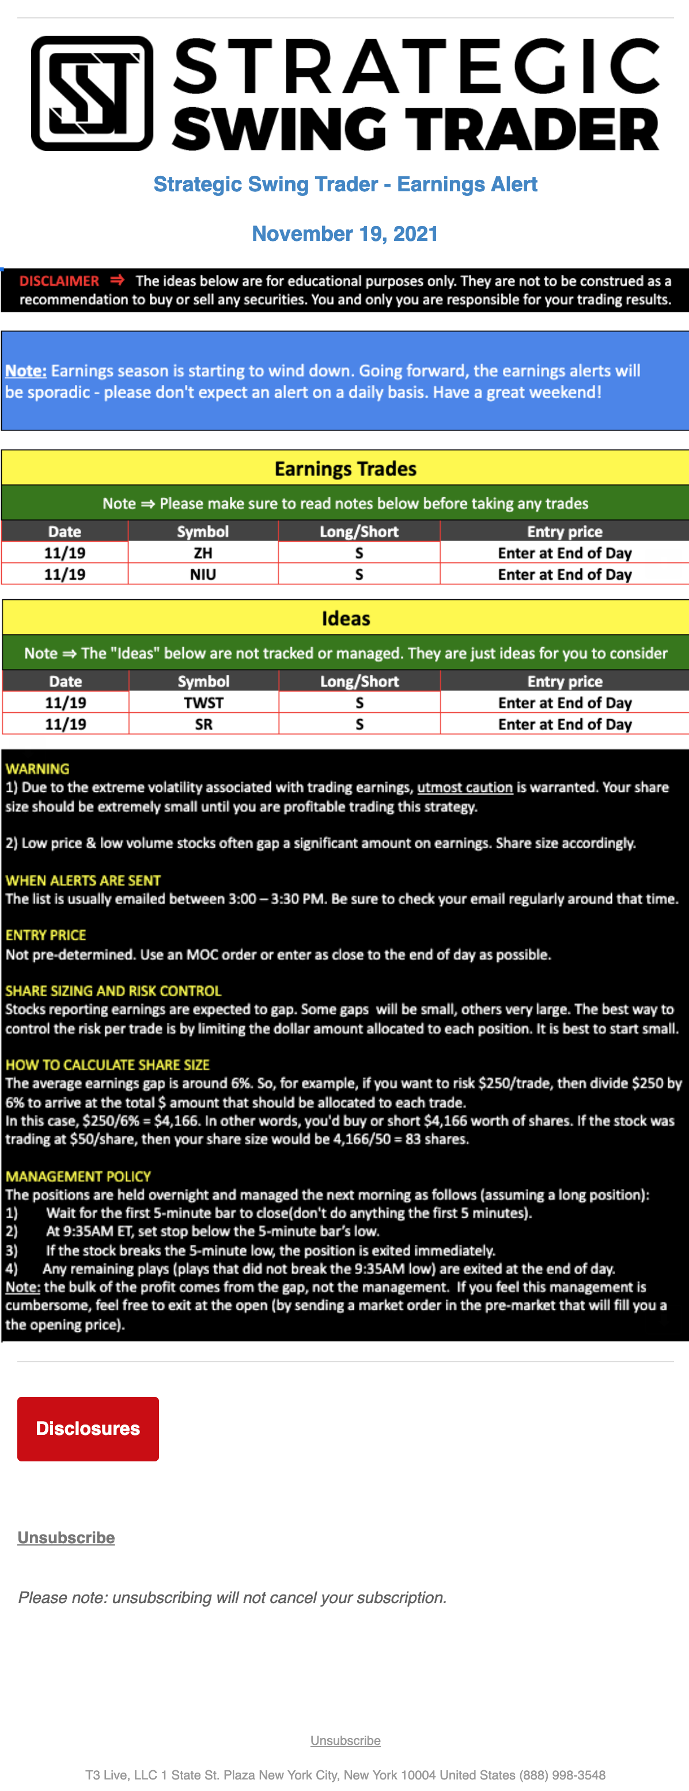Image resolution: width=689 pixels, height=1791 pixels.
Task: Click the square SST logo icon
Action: click(92, 93)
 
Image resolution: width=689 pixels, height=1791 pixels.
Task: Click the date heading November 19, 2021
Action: click(345, 233)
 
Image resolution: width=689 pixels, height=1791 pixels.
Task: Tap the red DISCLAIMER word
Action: click(59, 281)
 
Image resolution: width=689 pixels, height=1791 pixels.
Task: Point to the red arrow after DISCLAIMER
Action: click(118, 280)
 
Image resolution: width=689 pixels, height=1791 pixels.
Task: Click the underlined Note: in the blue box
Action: click(26, 371)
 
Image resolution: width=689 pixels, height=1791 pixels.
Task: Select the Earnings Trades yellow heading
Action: click(346, 468)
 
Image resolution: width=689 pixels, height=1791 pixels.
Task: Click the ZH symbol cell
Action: click(203, 553)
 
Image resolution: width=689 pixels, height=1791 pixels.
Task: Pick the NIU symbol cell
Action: click(203, 575)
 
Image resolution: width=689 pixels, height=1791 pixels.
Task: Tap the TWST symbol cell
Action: click(204, 703)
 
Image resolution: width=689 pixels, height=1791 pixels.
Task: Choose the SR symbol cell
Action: click(204, 724)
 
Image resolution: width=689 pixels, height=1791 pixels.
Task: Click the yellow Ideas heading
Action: click(346, 618)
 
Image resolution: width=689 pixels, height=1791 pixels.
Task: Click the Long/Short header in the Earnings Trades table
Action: click(359, 532)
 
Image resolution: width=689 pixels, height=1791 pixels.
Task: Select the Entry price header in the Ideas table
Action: click(565, 681)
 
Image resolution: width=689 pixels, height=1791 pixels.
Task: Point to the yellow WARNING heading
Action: click(37, 769)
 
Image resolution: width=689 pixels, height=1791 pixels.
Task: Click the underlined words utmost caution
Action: click(464, 787)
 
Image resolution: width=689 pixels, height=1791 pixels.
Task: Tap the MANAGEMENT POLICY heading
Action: click(78, 1176)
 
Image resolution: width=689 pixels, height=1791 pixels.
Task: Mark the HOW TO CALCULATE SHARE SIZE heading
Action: click(108, 1064)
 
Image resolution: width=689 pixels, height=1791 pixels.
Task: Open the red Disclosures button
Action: click(88, 1428)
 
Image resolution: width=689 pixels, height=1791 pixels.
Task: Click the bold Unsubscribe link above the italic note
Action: click(66, 1537)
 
